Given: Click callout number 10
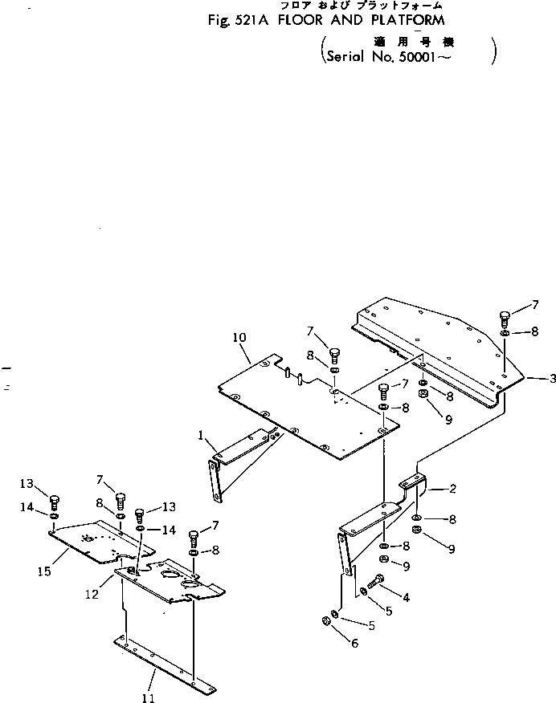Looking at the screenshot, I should point(239,338).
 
